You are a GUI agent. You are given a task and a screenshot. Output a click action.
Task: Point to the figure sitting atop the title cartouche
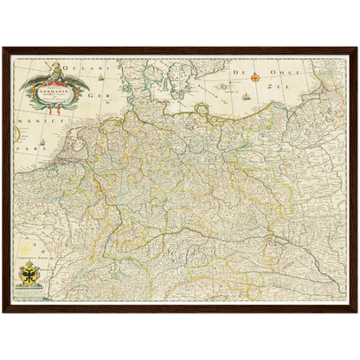click(x=53, y=67)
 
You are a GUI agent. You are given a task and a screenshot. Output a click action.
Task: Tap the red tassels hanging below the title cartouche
click(x=52, y=110)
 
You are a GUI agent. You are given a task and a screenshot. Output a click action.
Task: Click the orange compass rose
click(x=256, y=75)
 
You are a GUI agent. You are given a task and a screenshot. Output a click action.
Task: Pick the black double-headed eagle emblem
click(x=28, y=278)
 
